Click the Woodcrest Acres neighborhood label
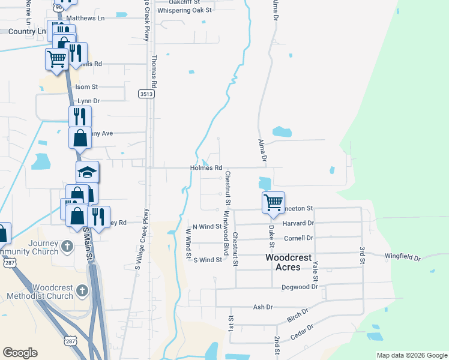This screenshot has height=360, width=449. click(289, 262)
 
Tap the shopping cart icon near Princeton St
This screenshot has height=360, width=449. click(273, 202)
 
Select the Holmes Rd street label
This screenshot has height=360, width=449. click(206, 168)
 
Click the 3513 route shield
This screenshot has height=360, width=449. click(146, 94)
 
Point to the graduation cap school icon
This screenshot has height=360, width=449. click(87, 173)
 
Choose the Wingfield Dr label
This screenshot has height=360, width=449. click(403, 258)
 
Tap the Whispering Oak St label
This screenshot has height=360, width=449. click(184, 10)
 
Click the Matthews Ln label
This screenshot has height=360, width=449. click(85, 19)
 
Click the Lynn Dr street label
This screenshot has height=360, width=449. click(88, 101)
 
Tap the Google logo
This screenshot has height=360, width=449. click(20, 353)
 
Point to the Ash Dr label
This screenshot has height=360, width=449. click(263, 307)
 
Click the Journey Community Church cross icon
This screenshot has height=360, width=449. click(67, 246)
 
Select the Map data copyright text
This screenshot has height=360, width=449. click(412, 355)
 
